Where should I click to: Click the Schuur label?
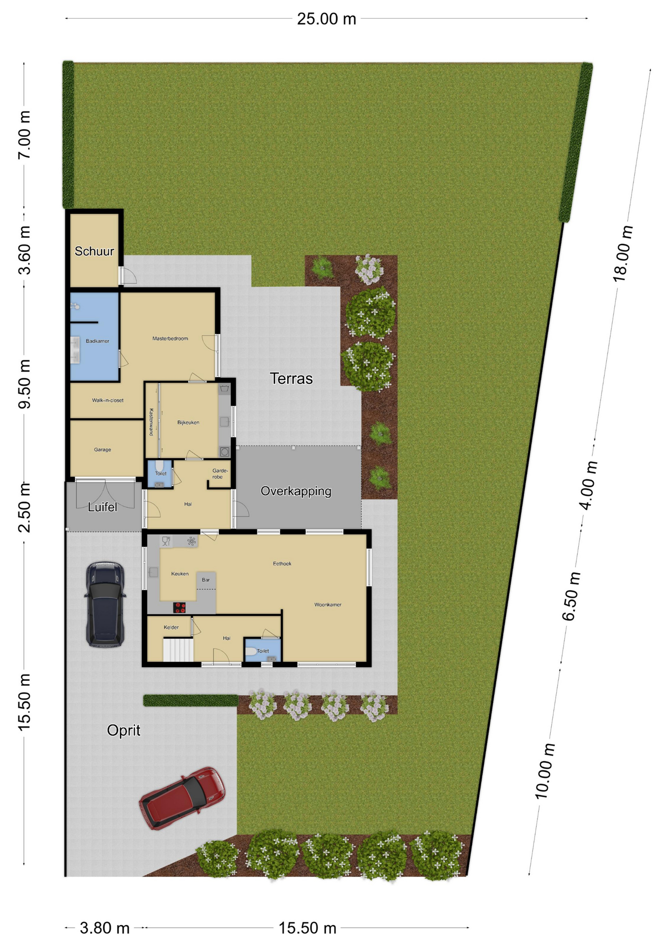pyautogui.click(x=94, y=251)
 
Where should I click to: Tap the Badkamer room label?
pyautogui.click(x=98, y=341)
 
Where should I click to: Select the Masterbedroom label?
pyautogui.click(x=170, y=338)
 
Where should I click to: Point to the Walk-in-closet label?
pyautogui.click(x=107, y=400)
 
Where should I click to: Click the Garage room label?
pyautogui.click(x=102, y=449)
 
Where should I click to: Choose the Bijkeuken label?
pyautogui.click(x=188, y=422)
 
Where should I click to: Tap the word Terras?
pyautogui.click(x=291, y=378)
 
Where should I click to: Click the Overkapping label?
pyautogui.click(x=296, y=491)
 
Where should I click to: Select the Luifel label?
pyautogui.click(x=102, y=507)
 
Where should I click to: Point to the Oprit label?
pyautogui.click(x=124, y=730)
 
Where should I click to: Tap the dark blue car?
pyautogui.click(x=105, y=604)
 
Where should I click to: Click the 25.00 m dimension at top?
pyautogui.click(x=326, y=19)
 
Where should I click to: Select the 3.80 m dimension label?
pyautogui.click(x=104, y=928)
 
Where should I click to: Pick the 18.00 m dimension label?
pyautogui.click(x=623, y=253)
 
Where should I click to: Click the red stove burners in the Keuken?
pyautogui.click(x=179, y=608)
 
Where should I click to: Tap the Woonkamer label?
pyautogui.click(x=328, y=605)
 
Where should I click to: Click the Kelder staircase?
pyautogui.click(x=178, y=650)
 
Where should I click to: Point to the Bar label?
pyautogui.click(x=205, y=580)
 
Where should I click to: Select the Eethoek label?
pyautogui.click(x=282, y=564)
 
